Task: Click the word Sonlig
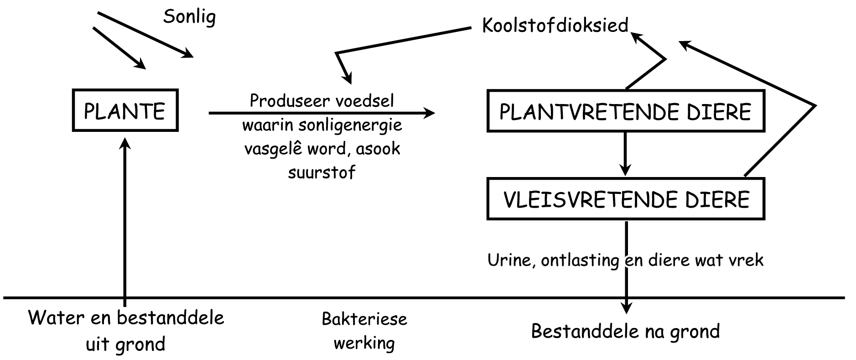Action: point(189,17)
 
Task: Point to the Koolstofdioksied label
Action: point(555,25)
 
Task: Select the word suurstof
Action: point(322,172)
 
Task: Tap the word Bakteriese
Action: point(364,318)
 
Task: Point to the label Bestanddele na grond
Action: point(625,331)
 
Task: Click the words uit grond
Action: point(125,344)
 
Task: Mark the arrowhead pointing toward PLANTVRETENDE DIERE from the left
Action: point(429,113)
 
